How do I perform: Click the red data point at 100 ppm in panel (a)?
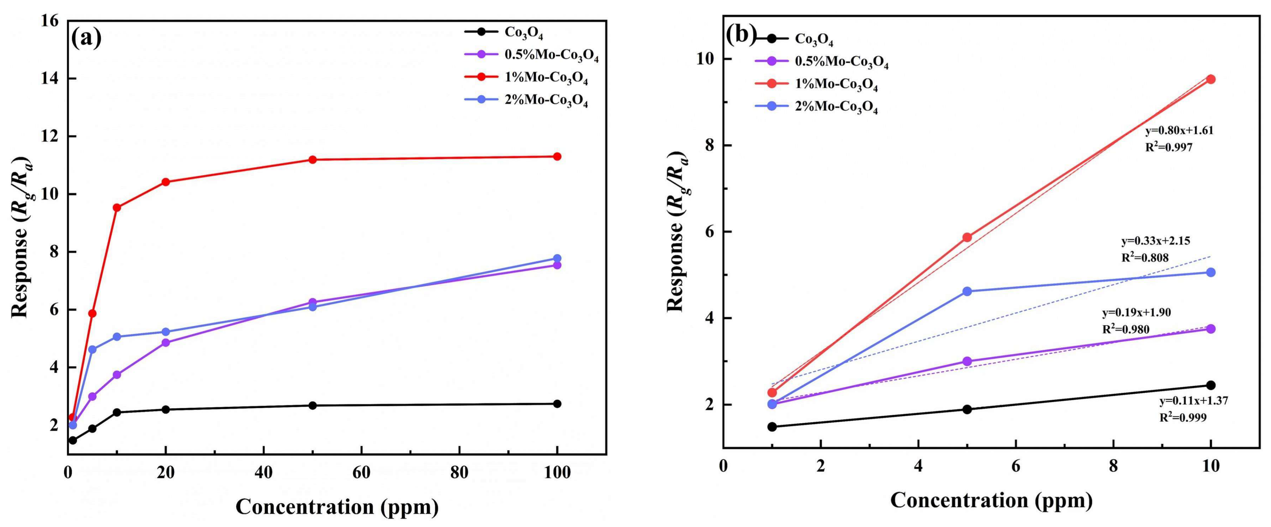point(557,156)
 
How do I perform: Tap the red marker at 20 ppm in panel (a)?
point(166,182)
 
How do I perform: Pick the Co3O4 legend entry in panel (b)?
point(814,39)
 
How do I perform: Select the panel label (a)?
point(87,38)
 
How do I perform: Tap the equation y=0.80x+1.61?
point(1179,131)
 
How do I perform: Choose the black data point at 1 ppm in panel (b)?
point(772,427)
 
